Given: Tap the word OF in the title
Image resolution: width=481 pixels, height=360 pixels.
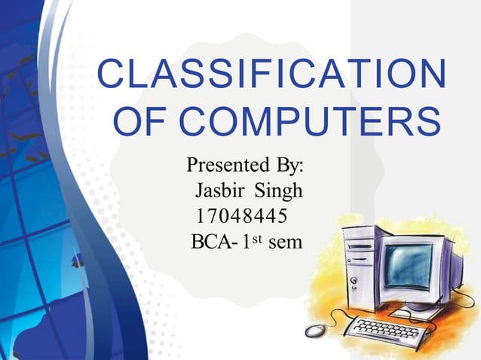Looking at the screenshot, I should point(137,124).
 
